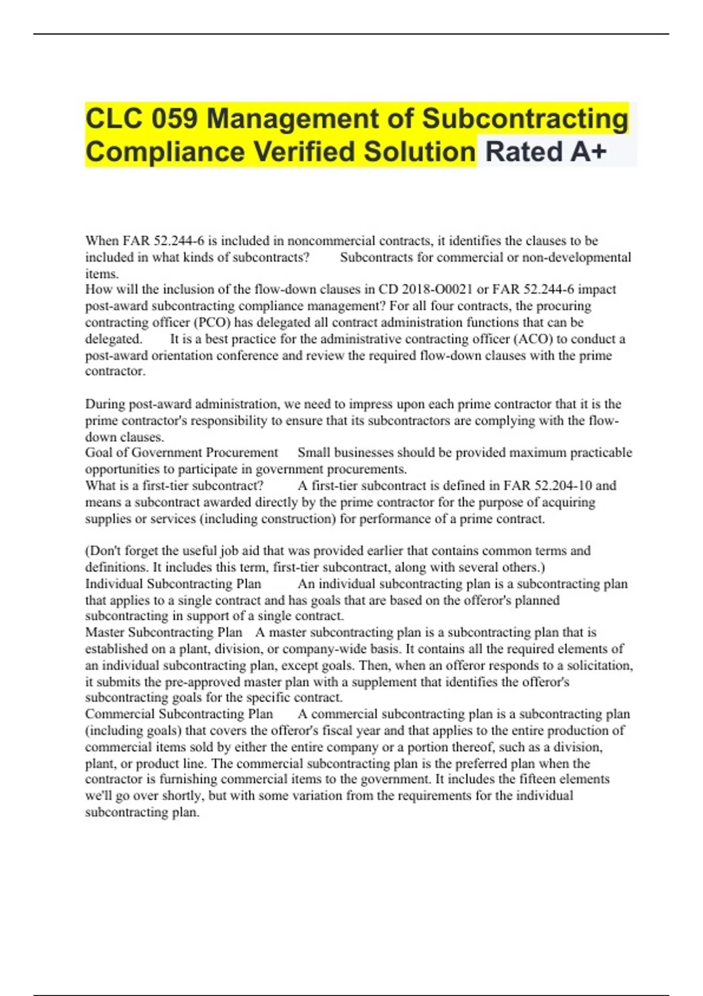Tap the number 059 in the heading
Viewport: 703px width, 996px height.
(175, 118)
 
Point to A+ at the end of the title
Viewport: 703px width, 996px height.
(588, 152)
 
